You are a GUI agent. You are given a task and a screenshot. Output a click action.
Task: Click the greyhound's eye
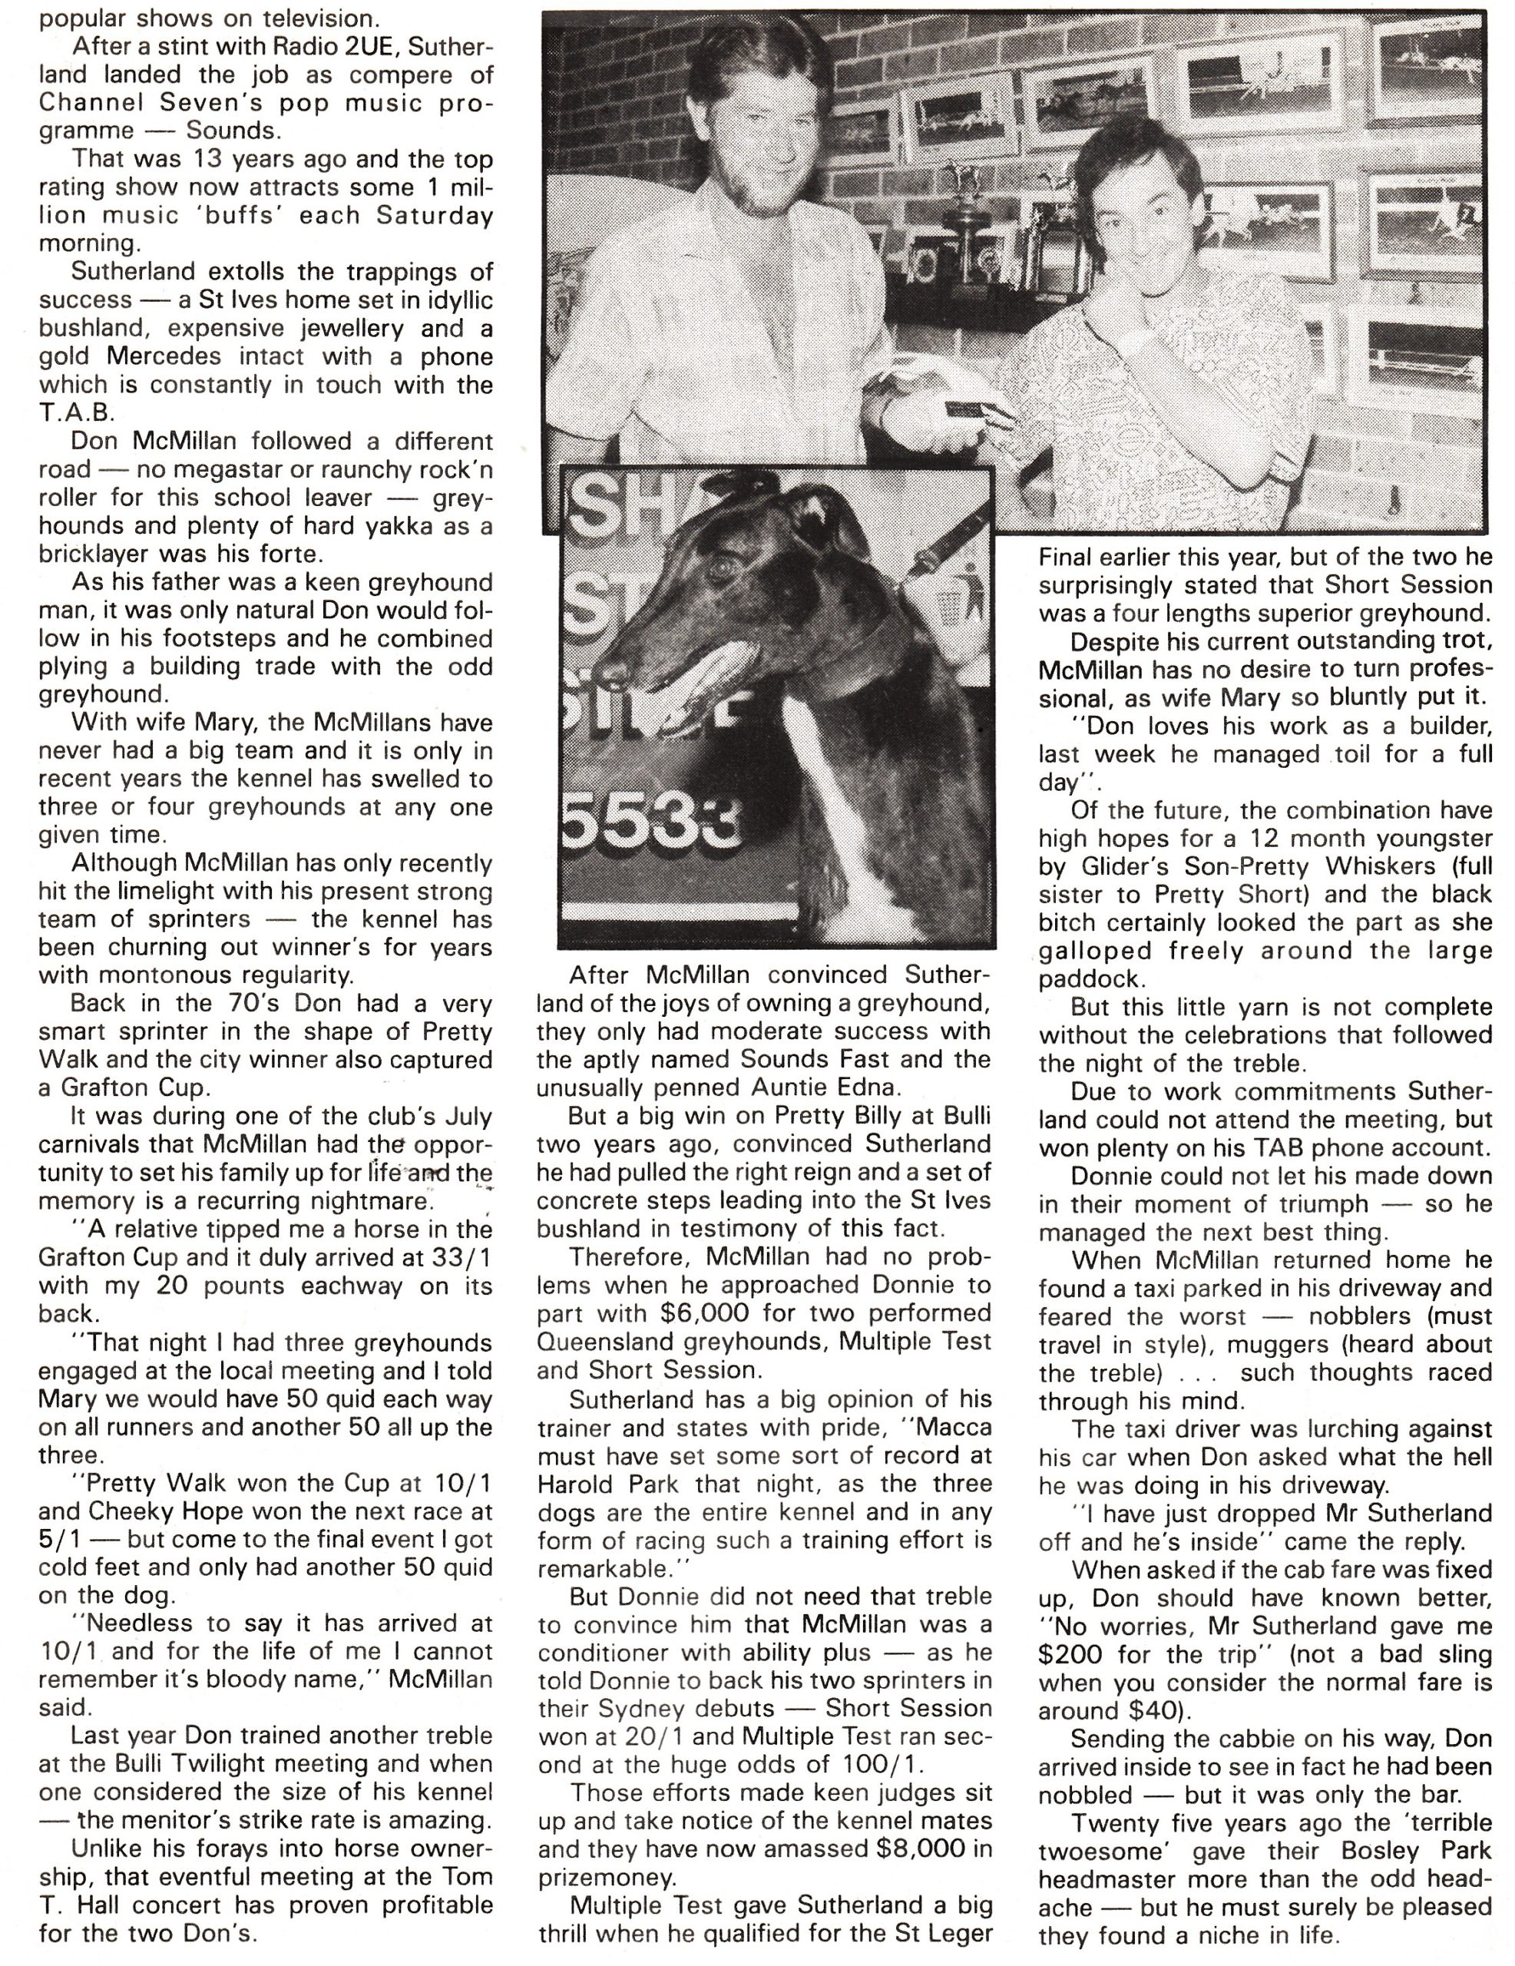pyautogui.click(x=721, y=569)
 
